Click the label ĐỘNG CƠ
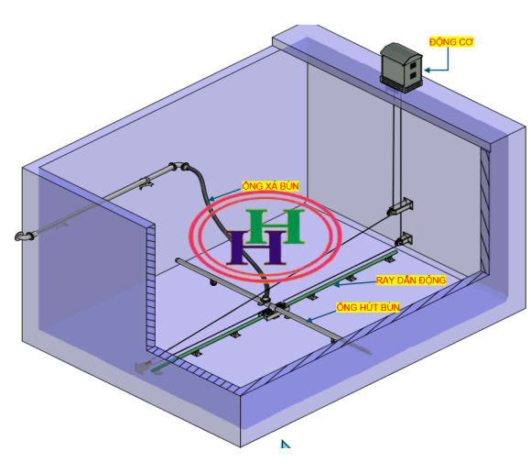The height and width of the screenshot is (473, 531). tap(450, 42)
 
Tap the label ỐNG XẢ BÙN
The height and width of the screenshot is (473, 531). tap(271, 186)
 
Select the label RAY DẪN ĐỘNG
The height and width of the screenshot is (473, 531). tap(411, 280)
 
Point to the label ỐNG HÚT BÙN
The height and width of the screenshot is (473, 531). tap(368, 307)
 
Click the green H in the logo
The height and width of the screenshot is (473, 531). tap(275, 226)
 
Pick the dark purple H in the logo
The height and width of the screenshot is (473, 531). tap(256, 247)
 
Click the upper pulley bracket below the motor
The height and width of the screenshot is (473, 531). tap(400, 206)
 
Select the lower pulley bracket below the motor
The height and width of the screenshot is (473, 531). tap(404, 240)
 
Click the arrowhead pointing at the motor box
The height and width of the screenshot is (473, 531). tap(428, 71)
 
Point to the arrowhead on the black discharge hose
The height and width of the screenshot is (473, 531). tap(211, 199)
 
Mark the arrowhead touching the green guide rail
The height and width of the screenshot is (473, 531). tap(337, 285)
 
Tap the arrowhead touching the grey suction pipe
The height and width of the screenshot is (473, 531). tap(309, 320)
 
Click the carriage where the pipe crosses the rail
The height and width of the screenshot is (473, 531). tap(275, 310)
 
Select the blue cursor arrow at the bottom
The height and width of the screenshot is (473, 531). tap(286, 444)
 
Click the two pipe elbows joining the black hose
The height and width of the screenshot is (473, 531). tap(179, 167)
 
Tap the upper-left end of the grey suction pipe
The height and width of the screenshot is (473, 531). tap(179, 260)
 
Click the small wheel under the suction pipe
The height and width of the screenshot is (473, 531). tap(213, 282)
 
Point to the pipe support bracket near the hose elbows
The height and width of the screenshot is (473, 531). tap(146, 183)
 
